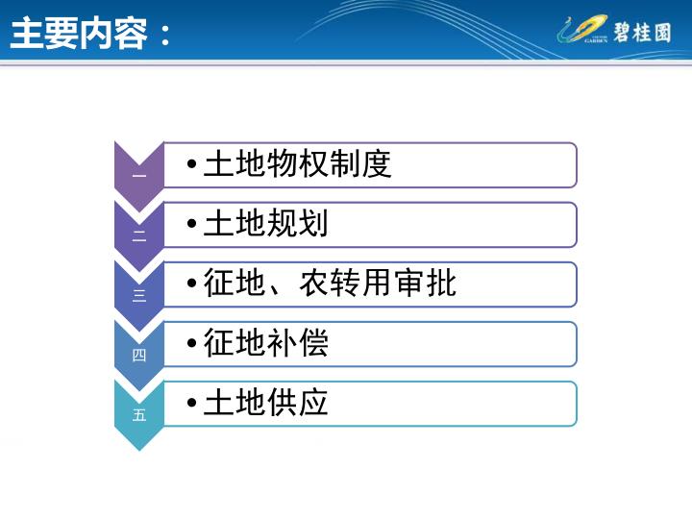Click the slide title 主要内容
79,34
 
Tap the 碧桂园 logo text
642,33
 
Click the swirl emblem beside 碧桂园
582,29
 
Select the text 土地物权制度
297,163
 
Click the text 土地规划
265,223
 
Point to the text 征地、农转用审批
330,283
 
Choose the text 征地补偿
265,342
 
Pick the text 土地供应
265,402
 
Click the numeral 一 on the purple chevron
139,176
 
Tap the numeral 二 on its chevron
139,236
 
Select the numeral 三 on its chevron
139,295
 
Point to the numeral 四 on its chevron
139,355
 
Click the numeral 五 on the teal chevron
139,415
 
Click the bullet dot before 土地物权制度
191,164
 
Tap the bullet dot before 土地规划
191,224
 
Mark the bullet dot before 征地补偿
191,343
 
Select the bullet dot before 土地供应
191,403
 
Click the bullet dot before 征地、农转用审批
191,284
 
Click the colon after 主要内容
165,36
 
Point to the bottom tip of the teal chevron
139,451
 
